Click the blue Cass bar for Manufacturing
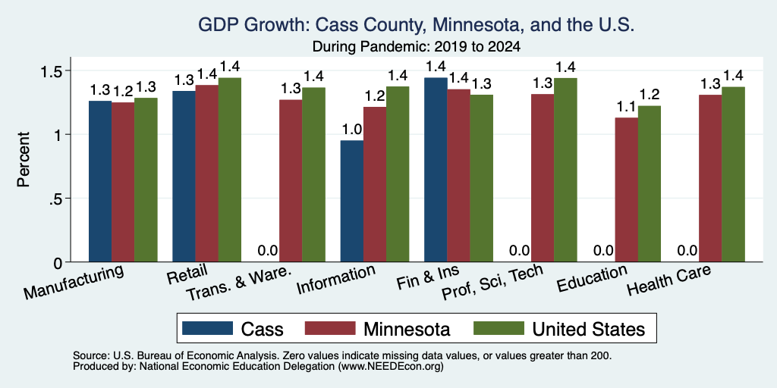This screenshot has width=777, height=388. click(x=100, y=181)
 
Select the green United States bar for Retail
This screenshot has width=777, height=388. click(x=229, y=170)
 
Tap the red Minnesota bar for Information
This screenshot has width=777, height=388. click(x=375, y=184)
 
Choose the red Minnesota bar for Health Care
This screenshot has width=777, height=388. click(x=710, y=178)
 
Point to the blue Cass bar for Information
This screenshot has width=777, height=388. click(x=352, y=201)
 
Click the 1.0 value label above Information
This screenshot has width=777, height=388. click(x=352, y=130)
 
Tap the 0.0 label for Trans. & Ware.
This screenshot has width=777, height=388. click(x=268, y=250)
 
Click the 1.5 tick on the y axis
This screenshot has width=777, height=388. click(x=51, y=70)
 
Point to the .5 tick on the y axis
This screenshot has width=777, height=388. click(x=55, y=199)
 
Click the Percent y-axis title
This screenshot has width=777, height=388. click(x=24, y=159)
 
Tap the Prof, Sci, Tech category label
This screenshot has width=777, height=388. click(x=492, y=282)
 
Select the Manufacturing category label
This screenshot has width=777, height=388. click(x=74, y=282)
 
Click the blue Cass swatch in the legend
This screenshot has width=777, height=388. click(x=207, y=328)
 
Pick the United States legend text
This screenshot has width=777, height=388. click(x=589, y=329)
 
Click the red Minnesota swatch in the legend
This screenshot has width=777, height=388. click(x=330, y=328)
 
